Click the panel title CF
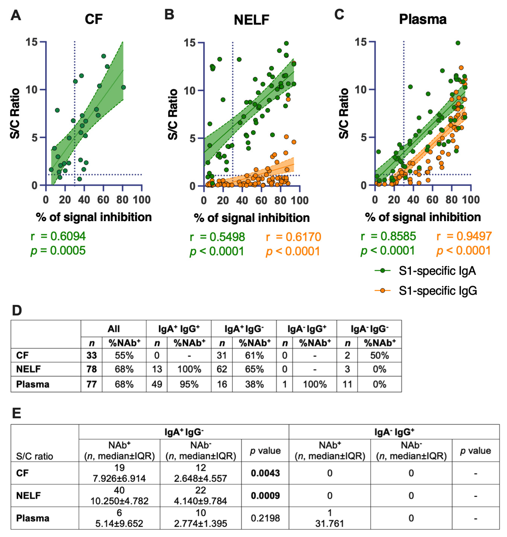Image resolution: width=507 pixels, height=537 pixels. click(94, 19)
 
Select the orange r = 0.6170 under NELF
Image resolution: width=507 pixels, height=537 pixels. click(293, 237)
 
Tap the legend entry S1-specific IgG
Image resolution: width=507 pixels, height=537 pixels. click(438, 291)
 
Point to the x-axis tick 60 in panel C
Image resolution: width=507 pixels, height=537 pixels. click(432, 200)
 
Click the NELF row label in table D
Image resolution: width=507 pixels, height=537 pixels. click(28, 369)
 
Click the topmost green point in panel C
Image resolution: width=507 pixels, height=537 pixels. click(458, 43)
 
